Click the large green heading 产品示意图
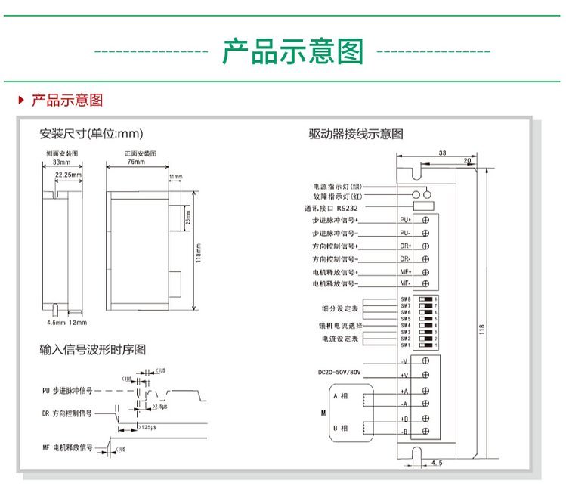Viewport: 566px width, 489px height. coord(292,52)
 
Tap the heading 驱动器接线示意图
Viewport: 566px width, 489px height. coord(355,134)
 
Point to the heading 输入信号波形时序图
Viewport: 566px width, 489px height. coord(92,350)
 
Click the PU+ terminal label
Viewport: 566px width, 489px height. coord(404,219)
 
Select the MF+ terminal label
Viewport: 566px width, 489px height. coord(404,271)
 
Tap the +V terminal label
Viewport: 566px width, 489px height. coord(404,375)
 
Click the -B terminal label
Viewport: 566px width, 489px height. coord(404,432)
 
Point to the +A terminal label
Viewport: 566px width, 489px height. coord(404,391)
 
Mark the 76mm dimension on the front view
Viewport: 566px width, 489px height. coord(135,162)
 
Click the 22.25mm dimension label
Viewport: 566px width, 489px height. coord(68,174)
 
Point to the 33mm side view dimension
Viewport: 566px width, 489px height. coord(61,162)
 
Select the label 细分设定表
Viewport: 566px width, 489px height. coord(338,309)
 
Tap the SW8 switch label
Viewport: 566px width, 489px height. coord(406,299)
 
